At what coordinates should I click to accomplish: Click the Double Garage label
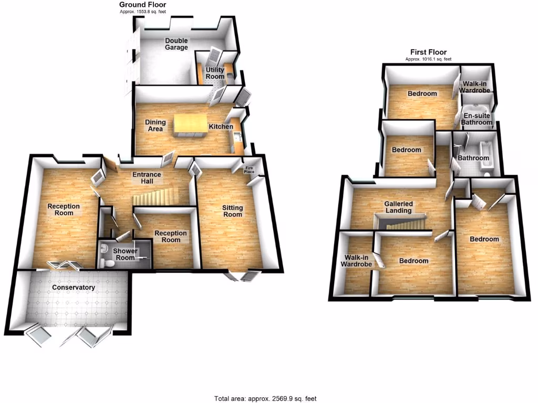click(x=177, y=44)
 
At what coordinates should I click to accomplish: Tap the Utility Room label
click(x=215, y=73)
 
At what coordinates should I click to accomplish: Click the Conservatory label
click(x=73, y=288)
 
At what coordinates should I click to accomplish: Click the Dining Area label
click(x=156, y=125)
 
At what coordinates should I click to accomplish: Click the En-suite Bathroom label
click(x=477, y=119)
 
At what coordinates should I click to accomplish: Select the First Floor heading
click(x=428, y=52)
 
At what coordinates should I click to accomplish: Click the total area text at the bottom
click(x=265, y=398)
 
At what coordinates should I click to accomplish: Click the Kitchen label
click(x=221, y=127)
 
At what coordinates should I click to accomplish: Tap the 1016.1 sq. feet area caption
click(x=428, y=59)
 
